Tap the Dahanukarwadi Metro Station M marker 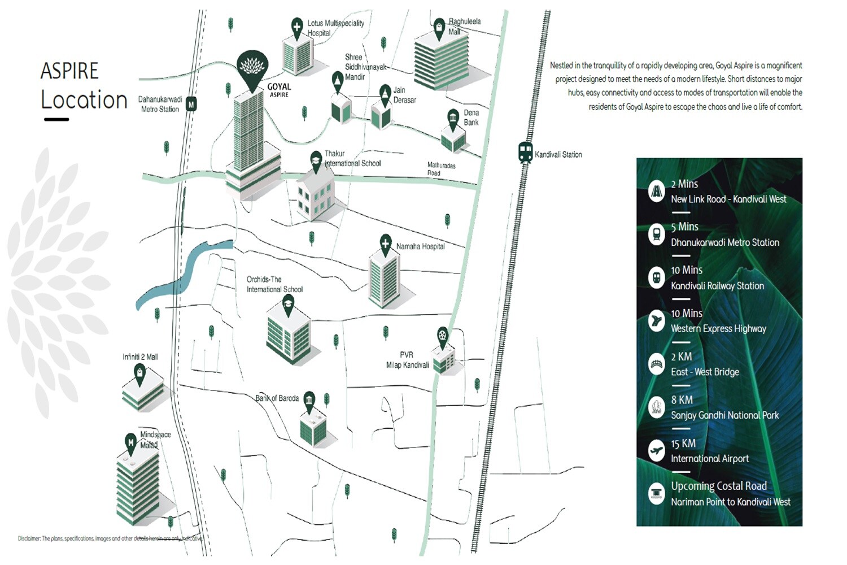tap(191, 105)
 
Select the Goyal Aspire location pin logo tap(252, 69)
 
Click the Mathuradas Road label tap(441, 169)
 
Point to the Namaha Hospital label tap(420, 246)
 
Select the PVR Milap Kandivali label tap(407, 360)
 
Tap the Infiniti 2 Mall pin tap(139, 373)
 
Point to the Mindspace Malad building tap(137, 486)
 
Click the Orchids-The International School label tap(274, 284)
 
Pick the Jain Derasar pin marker tap(385, 93)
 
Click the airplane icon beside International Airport tap(656, 450)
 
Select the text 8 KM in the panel tap(682, 400)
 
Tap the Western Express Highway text tap(718, 329)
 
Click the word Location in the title tap(84, 100)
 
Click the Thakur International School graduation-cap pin tap(316, 160)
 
